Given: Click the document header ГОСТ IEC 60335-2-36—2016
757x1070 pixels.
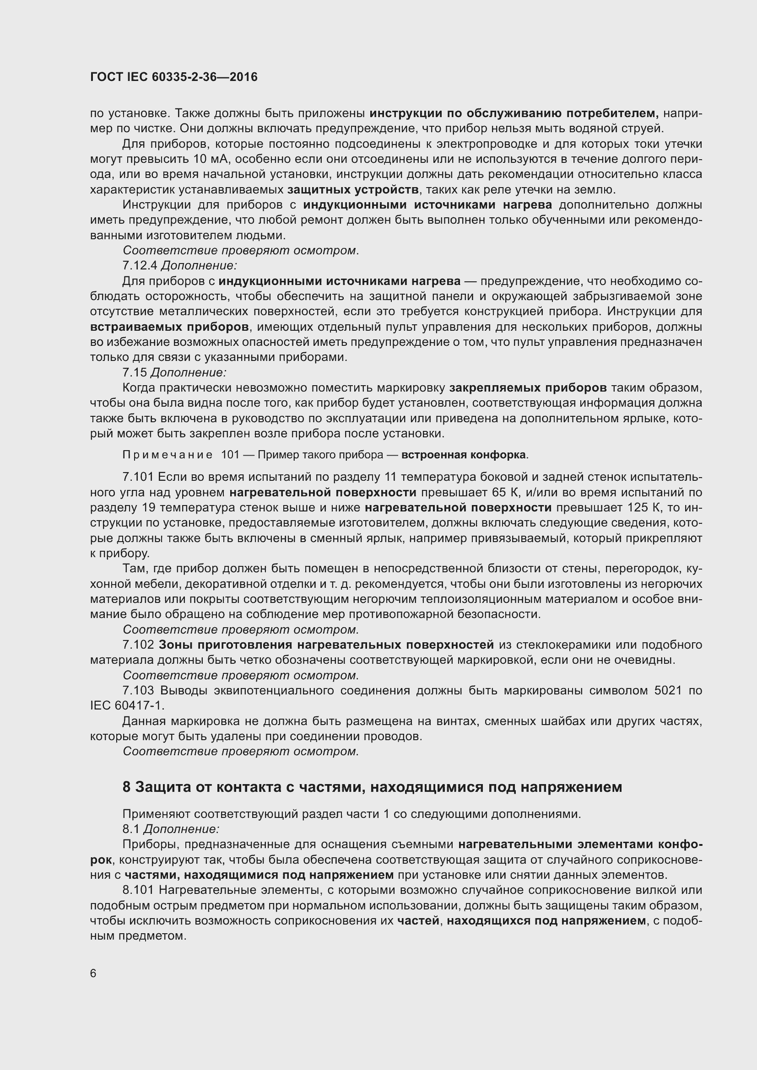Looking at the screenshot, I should pyautogui.click(x=174, y=77).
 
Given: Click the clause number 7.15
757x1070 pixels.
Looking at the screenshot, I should pyautogui.click(x=135, y=372).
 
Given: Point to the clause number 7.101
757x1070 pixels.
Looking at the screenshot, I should pyautogui.click(x=138, y=477).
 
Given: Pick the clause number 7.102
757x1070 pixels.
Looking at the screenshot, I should pyautogui.click(x=138, y=645).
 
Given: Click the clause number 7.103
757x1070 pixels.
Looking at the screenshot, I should pyautogui.click(x=138, y=691).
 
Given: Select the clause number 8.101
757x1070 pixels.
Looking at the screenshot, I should pyautogui.click(x=138, y=890).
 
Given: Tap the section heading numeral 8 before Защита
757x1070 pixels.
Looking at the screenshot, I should pyautogui.click(x=127, y=787).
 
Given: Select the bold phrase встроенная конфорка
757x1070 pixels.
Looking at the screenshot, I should pyautogui.click(x=464, y=455).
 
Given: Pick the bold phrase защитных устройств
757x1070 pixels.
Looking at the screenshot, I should pyautogui.click(x=353, y=190).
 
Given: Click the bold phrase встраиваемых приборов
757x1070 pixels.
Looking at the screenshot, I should pyautogui.click(x=169, y=327).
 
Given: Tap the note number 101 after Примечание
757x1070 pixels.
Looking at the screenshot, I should pyautogui.click(x=230, y=455).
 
